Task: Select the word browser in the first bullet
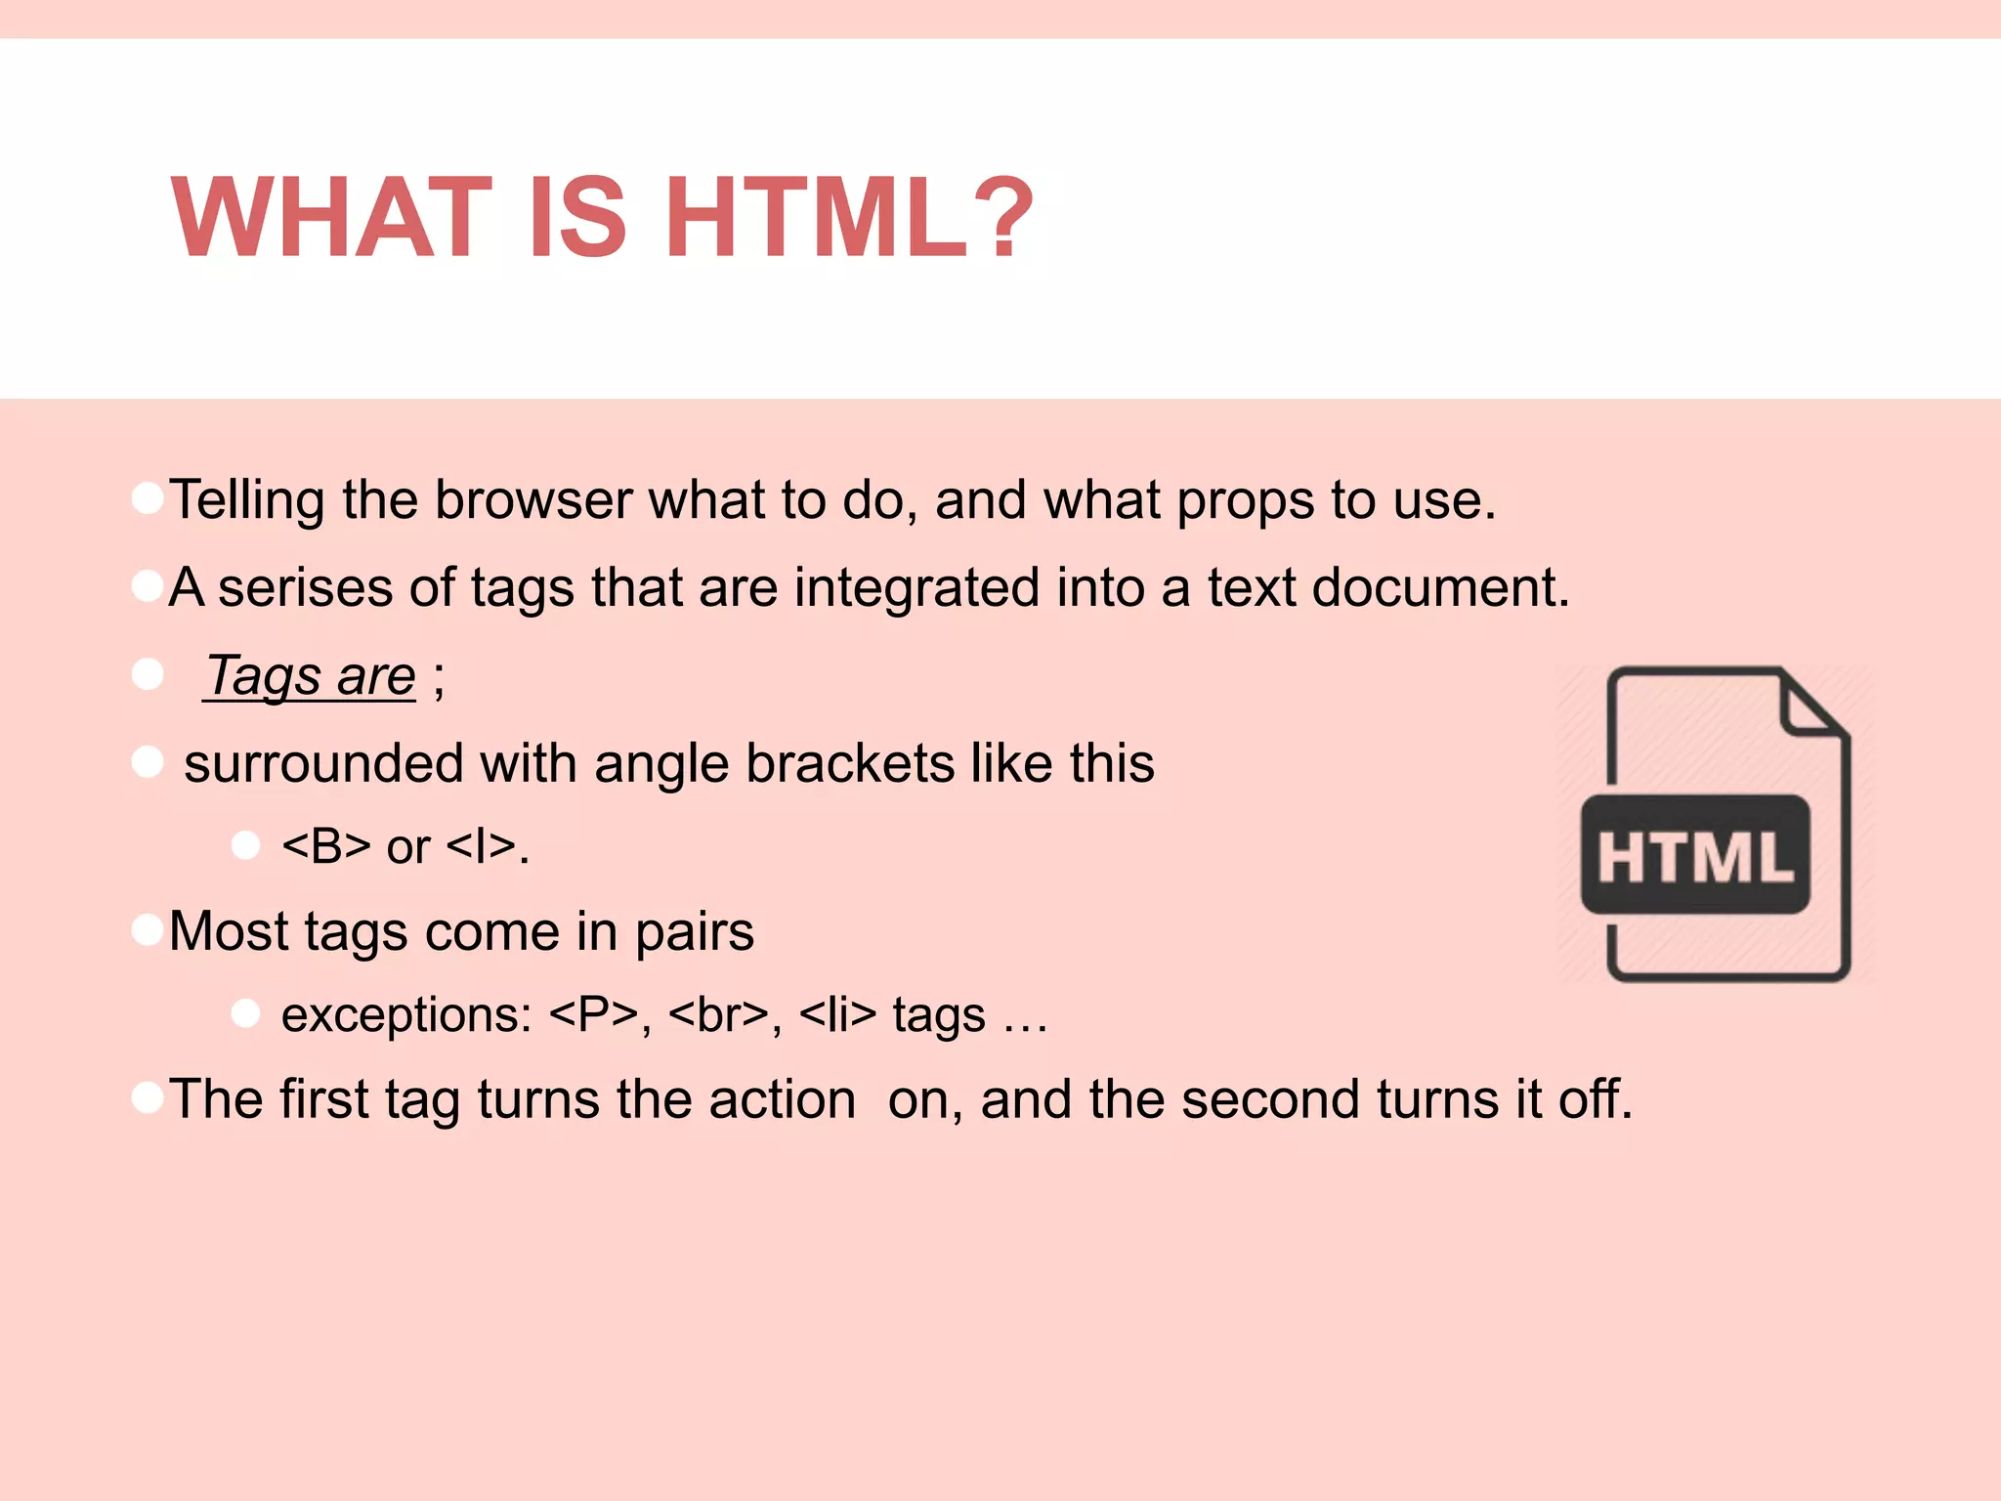tap(533, 500)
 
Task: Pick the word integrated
tap(915, 589)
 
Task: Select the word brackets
tap(850, 763)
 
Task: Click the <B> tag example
tap(326, 846)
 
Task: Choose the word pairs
tap(695, 932)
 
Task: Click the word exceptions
tap(406, 1015)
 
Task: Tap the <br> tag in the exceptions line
tap(719, 1015)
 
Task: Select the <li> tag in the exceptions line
tap(837, 1015)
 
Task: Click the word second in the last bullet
tap(1270, 1099)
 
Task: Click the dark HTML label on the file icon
tap(1695, 856)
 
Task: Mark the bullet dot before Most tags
tap(148, 929)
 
